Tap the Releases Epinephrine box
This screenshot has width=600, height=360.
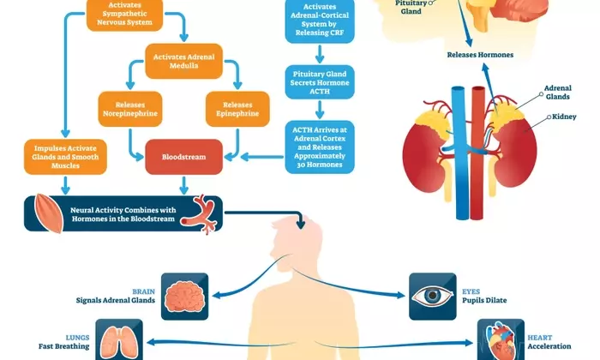click(x=237, y=106)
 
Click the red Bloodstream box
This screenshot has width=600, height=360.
click(x=183, y=156)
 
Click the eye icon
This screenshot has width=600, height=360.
click(x=431, y=294)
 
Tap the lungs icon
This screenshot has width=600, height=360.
click(x=117, y=339)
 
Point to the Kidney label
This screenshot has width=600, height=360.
click(x=563, y=117)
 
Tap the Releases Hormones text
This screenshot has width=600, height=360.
click(x=480, y=55)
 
